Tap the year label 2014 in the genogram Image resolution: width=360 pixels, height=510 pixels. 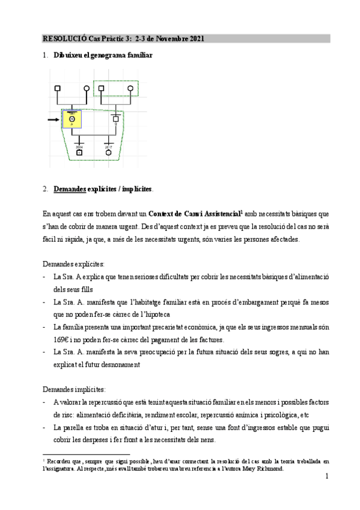pyautogui.click(x=79, y=146)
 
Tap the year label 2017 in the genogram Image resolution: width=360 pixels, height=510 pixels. pyautogui.click(x=109, y=146)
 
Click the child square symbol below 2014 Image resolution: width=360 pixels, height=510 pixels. pyautogui.click(x=79, y=153)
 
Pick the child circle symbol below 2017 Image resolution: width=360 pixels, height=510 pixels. pyautogui.click(x=109, y=153)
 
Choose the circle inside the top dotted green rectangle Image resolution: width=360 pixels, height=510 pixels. pyautogui.click(x=130, y=89)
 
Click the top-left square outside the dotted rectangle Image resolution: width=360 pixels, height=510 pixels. pyautogui.click(x=58, y=89)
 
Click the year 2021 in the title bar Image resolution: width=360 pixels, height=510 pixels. pyautogui.click(x=197, y=38)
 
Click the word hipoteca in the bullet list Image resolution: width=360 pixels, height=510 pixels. pyautogui.click(x=173, y=314)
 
